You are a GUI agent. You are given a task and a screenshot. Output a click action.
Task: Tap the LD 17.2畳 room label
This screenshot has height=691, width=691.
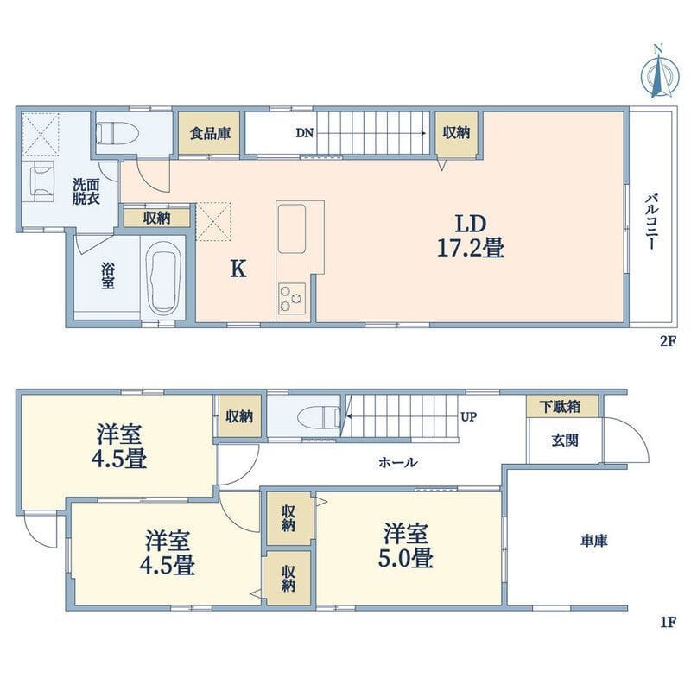click(x=471, y=236)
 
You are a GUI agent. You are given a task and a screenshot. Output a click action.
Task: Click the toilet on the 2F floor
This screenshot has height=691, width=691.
click(x=117, y=132)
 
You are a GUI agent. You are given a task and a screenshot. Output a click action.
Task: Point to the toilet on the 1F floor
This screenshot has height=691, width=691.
click(x=319, y=416)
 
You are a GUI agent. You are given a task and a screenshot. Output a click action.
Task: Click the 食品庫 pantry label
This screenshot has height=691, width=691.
click(x=210, y=133)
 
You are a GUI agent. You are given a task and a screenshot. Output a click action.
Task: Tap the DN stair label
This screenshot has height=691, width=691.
click(x=305, y=133)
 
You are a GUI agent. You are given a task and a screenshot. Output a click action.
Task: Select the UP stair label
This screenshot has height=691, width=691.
click(x=468, y=416)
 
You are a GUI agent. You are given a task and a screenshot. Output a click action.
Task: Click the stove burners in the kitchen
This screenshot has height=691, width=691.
click(x=291, y=298)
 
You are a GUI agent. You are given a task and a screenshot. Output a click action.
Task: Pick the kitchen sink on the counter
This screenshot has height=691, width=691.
click(x=292, y=229)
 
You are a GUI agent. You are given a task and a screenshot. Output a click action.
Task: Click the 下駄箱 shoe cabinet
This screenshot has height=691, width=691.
click(x=561, y=406)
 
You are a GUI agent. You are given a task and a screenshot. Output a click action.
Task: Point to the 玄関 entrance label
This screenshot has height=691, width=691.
click(x=565, y=441)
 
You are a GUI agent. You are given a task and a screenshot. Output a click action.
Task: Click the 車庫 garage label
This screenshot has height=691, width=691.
click(x=593, y=541)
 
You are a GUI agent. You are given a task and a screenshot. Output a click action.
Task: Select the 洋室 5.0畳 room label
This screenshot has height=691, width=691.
click(x=406, y=545)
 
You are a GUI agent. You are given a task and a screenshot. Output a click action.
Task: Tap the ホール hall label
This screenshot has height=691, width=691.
click(x=397, y=462)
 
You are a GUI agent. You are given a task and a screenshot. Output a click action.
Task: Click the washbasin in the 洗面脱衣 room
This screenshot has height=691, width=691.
click(x=41, y=181)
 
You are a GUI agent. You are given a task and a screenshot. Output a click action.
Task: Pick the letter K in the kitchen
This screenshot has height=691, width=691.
click(x=238, y=269)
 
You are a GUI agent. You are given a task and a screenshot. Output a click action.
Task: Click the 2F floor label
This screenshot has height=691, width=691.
click(x=668, y=341)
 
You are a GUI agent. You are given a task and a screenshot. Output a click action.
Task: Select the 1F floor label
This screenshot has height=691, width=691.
click(x=668, y=623)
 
